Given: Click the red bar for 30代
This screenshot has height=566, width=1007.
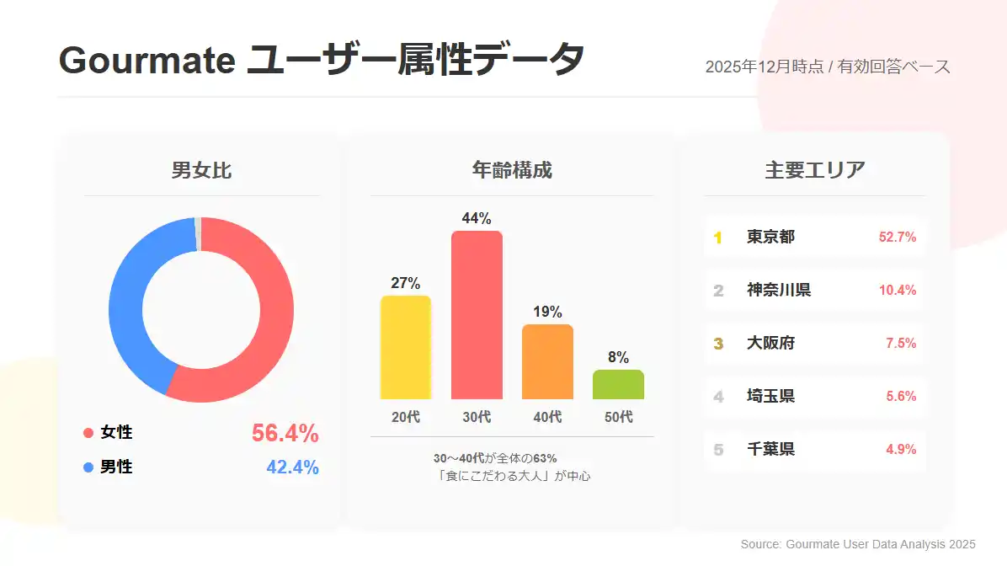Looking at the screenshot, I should click(x=477, y=315).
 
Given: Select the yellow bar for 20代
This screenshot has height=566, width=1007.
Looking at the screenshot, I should click(x=405, y=347).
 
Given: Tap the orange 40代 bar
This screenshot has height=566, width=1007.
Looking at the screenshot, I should click(x=547, y=361).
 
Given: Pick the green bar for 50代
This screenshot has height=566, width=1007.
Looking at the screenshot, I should click(x=618, y=384).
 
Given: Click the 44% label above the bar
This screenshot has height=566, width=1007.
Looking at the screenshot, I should click(x=477, y=218).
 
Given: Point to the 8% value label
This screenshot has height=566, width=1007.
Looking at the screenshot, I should click(x=618, y=357).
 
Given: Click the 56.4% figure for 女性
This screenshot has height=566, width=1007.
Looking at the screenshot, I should click(x=285, y=433).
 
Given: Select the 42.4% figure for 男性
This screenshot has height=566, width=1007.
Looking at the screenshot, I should click(x=292, y=467).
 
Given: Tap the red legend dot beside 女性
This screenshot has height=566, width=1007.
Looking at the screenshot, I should click(x=88, y=433).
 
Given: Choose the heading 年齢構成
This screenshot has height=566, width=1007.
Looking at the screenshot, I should click(x=512, y=170).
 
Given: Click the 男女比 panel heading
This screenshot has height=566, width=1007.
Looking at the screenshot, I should click(x=201, y=170).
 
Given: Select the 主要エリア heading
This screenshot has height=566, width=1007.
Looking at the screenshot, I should click(x=814, y=170).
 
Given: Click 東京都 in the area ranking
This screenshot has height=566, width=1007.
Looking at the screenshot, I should click(x=770, y=238).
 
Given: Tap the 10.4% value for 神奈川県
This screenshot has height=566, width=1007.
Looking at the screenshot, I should click(x=897, y=291).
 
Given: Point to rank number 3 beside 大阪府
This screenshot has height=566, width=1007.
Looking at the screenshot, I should click(x=718, y=344).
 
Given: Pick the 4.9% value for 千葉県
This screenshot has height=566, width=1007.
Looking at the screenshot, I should click(x=900, y=450).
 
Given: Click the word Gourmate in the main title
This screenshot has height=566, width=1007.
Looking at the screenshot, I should click(x=146, y=61).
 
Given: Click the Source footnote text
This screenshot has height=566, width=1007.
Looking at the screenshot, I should click(x=857, y=545).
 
